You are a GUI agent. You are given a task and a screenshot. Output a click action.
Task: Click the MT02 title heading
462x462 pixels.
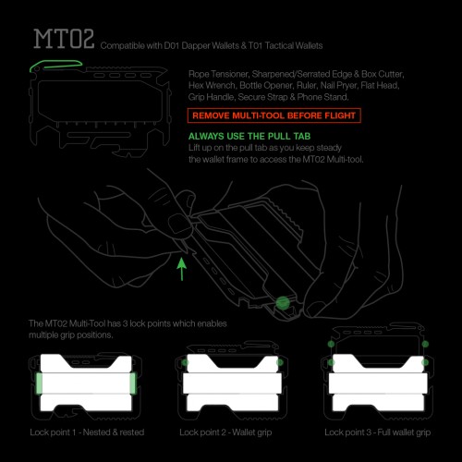(x=64, y=39)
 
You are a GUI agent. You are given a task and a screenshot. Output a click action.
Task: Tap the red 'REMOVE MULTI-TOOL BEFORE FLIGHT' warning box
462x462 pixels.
(x=274, y=115)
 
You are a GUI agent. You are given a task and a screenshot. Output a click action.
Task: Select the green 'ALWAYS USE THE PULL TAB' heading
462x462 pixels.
(x=249, y=136)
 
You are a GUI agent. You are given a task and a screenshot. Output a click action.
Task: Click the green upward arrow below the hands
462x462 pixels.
(x=182, y=269)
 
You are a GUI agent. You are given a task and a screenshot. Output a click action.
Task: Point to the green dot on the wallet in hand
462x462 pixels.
(x=283, y=303)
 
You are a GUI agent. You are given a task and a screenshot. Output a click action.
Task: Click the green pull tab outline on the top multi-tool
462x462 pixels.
(x=55, y=64)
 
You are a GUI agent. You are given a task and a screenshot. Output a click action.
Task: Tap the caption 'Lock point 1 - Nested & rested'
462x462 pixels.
(x=87, y=432)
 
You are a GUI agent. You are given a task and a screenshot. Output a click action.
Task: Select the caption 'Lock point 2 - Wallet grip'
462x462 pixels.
(x=225, y=432)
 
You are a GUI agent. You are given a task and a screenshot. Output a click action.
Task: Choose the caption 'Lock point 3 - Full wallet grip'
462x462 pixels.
(x=377, y=432)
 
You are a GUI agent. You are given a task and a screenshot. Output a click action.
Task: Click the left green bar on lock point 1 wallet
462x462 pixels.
(x=39, y=383)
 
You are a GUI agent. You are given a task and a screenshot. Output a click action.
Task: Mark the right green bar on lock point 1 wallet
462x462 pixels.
(x=133, y=383)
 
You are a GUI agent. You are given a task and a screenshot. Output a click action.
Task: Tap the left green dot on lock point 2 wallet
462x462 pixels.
(x=185, y=362)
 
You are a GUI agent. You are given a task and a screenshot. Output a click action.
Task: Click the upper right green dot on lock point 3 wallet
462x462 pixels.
(x=425, y=344)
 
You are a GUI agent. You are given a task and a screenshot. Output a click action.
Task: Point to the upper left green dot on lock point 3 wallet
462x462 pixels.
(x=331, y=344)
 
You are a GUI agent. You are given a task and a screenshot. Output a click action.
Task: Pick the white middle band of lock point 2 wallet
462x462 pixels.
(x=233, y=383)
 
